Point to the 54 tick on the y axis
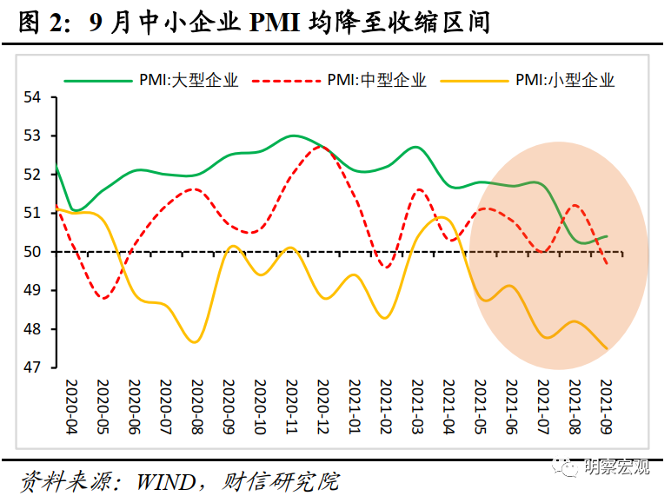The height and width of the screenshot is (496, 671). pyautogui.click(x=34, y=97)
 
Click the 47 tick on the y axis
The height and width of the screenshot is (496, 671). pyautogui.click(x=34, y=367)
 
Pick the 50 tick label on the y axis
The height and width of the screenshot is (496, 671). pyautogui.click(x=34, y=252)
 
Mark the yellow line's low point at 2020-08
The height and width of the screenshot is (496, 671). pyautogui.click(x=195, y=342)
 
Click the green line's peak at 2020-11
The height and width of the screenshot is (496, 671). pyautogui.click(x=293, y=136)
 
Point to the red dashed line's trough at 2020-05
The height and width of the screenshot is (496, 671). pyautogui.click(x=103, y=299)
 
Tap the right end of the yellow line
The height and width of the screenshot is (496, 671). pyautogui.click(x=607, y=348)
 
